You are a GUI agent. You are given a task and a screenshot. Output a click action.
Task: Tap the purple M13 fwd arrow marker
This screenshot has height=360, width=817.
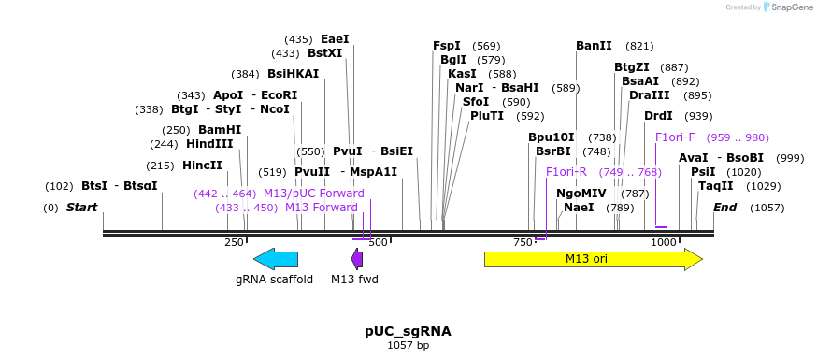357,259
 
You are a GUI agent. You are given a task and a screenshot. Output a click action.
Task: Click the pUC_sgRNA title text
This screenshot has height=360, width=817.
408,331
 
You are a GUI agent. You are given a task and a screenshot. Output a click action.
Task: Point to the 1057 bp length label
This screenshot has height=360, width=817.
408,346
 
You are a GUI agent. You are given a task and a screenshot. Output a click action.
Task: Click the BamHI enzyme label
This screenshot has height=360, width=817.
219,130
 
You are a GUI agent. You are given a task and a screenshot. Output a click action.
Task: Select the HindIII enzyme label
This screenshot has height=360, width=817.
209,144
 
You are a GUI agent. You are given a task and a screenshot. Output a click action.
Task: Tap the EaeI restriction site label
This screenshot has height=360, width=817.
335,39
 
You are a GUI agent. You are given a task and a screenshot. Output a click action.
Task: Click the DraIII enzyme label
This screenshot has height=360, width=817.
649,95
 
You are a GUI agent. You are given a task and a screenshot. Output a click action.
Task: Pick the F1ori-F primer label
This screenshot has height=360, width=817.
675,137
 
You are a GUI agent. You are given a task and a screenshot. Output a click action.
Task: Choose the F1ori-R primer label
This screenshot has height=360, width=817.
566,172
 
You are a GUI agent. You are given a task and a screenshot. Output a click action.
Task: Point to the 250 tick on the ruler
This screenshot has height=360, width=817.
234,242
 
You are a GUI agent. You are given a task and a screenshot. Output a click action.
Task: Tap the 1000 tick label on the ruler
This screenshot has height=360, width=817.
664,242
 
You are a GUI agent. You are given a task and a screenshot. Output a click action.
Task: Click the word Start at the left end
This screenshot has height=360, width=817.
81,208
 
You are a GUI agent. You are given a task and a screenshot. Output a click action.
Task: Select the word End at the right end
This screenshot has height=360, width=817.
725,208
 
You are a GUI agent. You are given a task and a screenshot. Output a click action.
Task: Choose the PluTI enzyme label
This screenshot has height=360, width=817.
487,116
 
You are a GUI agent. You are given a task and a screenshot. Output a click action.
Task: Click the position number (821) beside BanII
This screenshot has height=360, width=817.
639,46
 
